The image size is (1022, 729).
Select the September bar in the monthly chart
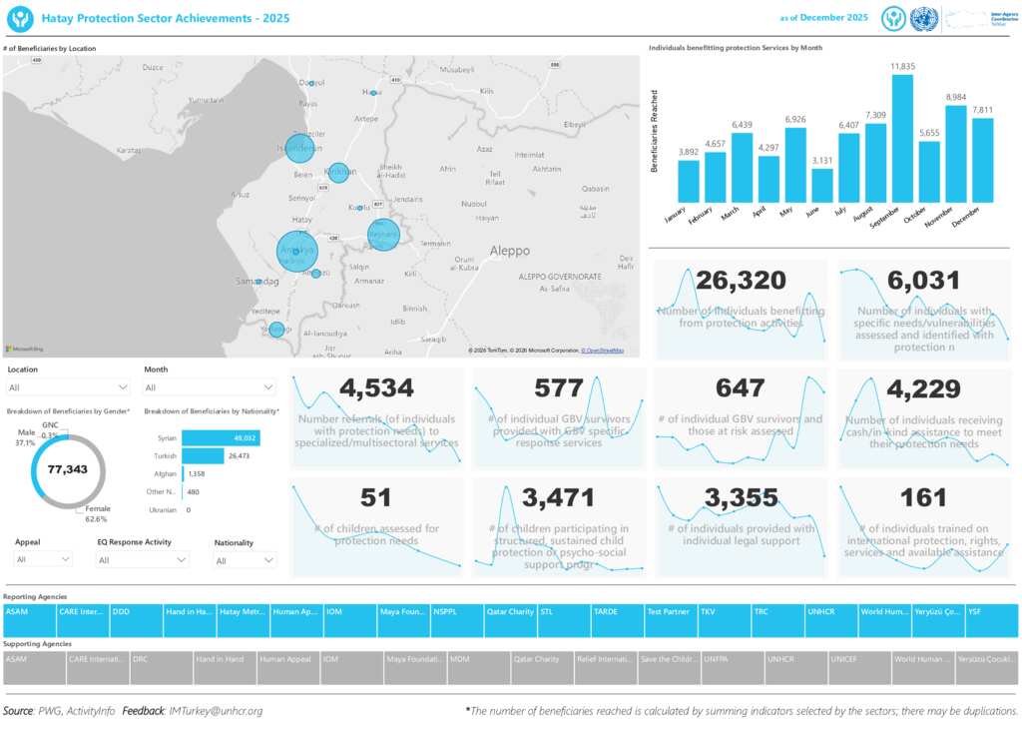tap(902, 139)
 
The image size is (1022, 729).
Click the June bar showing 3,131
tap(822, 186)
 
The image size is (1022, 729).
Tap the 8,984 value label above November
tap(956, 97)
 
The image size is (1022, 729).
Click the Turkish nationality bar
tap(205, 455)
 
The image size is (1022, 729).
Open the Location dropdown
tap(68, 387)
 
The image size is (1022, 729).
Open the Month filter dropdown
tap(210, 387)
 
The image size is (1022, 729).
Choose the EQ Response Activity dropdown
tap(143, 560)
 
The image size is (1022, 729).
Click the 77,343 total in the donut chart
tap(68, 468)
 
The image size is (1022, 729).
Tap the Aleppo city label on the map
tap(509, 251)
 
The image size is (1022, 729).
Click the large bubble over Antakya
tap(297, 250)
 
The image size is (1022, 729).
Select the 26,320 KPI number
tap(741, 281)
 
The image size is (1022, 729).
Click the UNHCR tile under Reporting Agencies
tap(830, 611)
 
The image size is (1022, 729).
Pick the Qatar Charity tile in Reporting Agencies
tap(510, 611)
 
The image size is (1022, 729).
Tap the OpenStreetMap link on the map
tap(603, 351)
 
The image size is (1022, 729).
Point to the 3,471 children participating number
tap(558, 497)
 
